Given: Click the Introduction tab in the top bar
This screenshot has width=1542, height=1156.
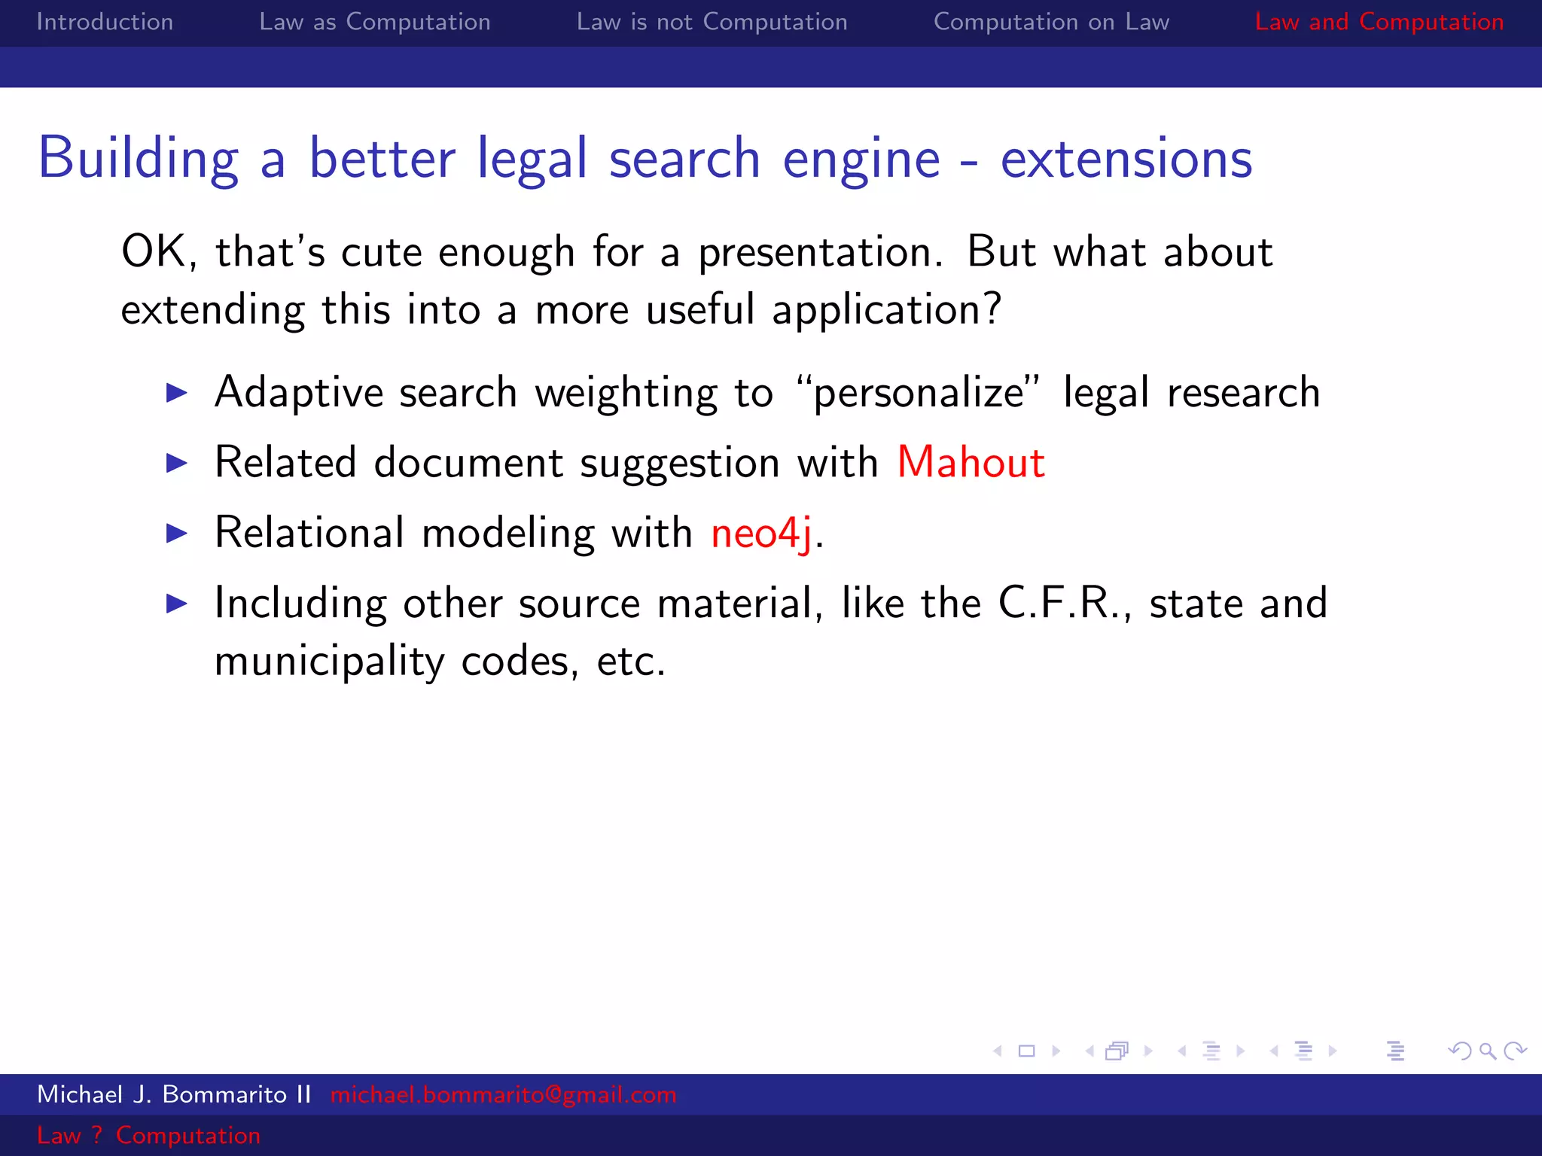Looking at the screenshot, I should click(105, 22).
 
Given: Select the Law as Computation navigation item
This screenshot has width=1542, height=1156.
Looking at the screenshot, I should click(374, 22).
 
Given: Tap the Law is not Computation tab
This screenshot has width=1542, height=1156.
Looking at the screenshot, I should click(712, 22).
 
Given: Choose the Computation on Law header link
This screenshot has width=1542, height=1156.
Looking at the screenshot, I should click(1051, 22).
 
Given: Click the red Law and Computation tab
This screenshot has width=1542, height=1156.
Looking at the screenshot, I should click(1379, 22).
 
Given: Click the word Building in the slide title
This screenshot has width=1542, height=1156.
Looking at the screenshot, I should click(139, 159).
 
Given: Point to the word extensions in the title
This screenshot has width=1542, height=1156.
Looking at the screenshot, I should click(1126, 159).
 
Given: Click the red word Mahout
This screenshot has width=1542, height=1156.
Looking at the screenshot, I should click(971, 462).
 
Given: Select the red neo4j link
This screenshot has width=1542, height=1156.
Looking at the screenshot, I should click(761, 533).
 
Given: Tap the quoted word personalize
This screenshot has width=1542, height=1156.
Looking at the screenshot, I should click(919, 393).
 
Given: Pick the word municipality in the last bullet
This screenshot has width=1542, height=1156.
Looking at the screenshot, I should click(329, 662).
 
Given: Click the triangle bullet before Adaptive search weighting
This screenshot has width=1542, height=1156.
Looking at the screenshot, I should click(176, 392).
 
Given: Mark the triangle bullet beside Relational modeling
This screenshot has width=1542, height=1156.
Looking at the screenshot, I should click(176, 533).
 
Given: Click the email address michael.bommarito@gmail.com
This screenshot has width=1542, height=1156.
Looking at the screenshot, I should click(503, 1094).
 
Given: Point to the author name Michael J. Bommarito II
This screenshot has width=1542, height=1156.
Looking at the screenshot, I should click(174, 1094).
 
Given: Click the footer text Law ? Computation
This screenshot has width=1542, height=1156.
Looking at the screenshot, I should click(148, 1135).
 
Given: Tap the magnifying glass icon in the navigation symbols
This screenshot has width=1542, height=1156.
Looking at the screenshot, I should click(1487, 1051).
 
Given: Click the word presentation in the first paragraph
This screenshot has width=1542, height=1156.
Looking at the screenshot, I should click(820, 252).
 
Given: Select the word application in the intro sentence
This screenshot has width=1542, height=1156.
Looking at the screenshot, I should click(877, 310).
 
